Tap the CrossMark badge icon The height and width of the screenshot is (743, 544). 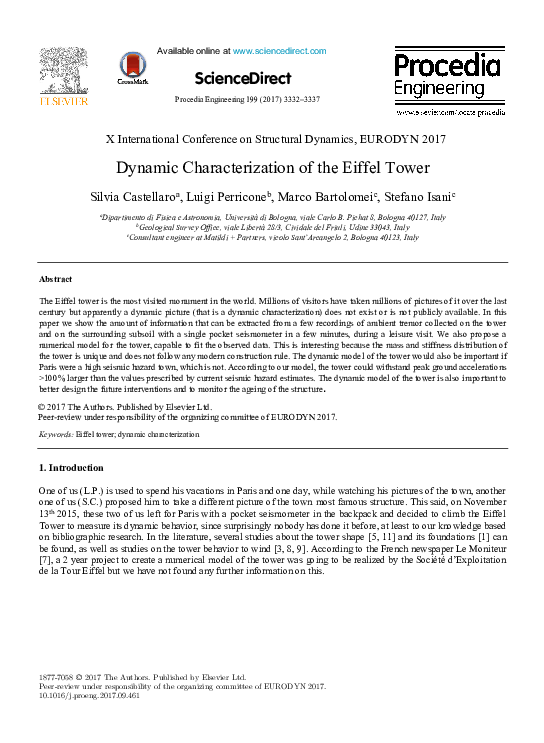(131, 67)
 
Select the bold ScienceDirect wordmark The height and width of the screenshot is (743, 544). (243, 78)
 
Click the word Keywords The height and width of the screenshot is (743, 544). (55, 435)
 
